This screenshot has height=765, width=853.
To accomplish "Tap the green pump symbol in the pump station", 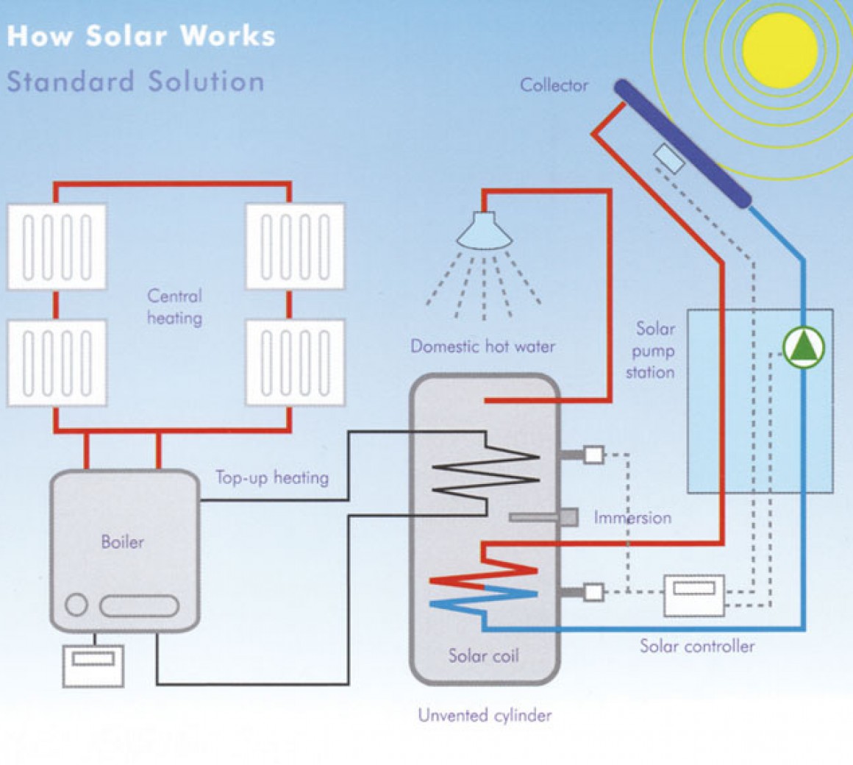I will [804, 347].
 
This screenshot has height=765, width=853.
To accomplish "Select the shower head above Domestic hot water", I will [485, 230].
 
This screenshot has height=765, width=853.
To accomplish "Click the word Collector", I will [554, 85].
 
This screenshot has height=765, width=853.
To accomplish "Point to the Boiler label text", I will [123, 542].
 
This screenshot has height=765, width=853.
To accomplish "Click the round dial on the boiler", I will [76, 605].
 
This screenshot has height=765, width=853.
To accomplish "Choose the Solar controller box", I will [694, 595].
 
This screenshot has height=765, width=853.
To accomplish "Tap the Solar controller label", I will [696, 646].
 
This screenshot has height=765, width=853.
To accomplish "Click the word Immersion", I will [632, 517].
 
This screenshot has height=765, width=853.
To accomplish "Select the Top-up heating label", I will [272, 477].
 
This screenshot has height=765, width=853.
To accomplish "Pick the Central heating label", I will [174, 307].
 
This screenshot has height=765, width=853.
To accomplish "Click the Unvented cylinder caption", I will [485, 714].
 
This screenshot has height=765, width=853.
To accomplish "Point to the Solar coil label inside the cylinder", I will [483, 655].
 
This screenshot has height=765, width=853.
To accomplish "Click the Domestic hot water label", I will [482, 346].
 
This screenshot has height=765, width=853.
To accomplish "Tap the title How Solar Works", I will [140, 36].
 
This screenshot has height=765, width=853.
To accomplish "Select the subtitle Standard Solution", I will [135, 81].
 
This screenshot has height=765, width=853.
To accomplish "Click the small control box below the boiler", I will [93, 665].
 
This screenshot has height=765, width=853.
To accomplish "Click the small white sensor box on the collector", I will [669, 158].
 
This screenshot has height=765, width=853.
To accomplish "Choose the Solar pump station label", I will [652, 350].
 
